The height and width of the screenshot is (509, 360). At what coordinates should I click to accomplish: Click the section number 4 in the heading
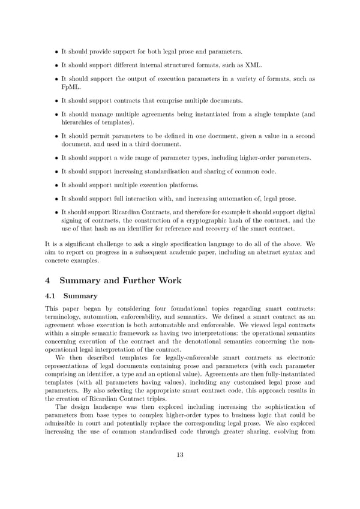(x=49, y=280)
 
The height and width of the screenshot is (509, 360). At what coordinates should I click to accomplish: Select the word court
(x=97, y=423)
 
